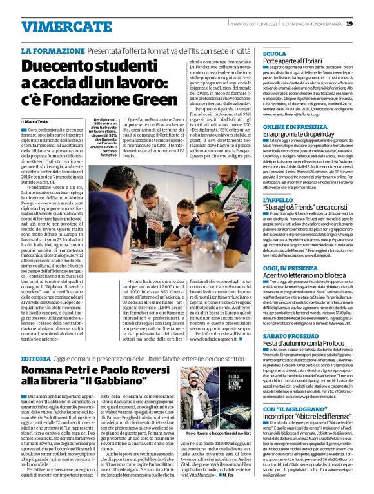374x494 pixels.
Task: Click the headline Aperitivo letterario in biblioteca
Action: [306, 276]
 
